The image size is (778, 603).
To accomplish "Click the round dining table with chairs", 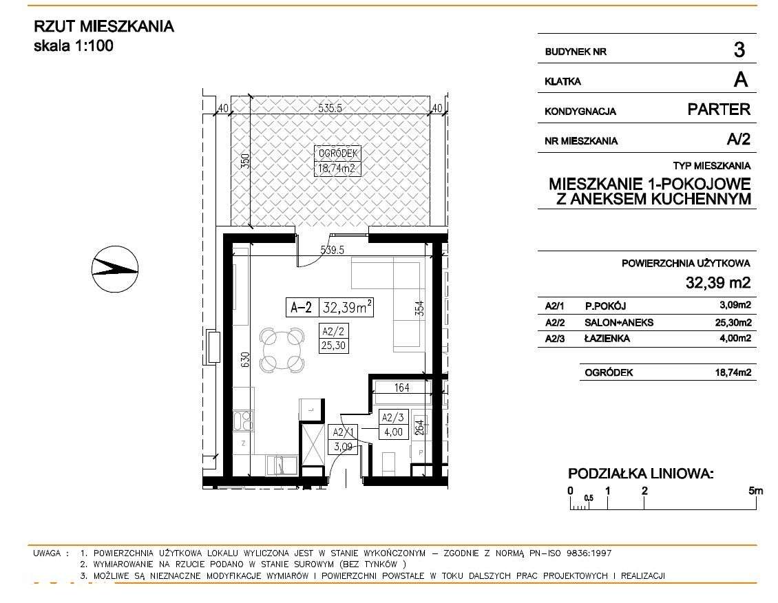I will point(281,349).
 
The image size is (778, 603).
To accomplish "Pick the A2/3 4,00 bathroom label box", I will point(393,425).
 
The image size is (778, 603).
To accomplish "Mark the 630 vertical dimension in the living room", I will point(243,361).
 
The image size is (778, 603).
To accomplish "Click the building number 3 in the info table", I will point(739,50).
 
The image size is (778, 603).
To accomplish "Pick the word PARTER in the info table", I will point(719,109).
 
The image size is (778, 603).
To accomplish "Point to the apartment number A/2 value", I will point(738,140).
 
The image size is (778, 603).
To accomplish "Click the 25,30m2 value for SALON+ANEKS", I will point(733,322).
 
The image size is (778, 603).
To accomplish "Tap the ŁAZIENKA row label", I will point(607,338).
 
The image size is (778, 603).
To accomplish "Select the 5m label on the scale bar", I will point(755,491).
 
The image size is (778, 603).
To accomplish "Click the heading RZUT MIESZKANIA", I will point(104,27).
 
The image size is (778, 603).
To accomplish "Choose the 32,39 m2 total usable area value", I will point(717,282).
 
